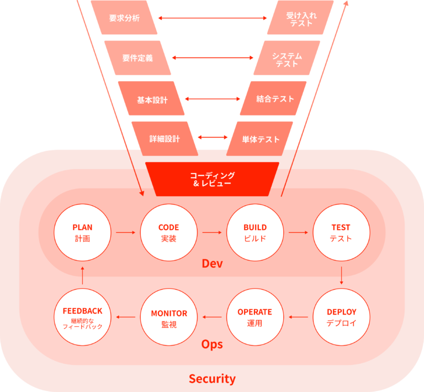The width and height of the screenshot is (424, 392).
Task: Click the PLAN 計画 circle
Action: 82,233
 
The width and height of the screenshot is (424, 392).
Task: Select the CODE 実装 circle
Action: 168,233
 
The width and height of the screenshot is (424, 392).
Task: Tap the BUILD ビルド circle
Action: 255,233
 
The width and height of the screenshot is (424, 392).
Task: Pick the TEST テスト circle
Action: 341,233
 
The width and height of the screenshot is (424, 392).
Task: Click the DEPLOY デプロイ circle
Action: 341,317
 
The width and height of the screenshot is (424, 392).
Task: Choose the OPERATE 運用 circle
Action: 255,317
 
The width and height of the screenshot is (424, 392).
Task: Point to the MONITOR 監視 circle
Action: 168,317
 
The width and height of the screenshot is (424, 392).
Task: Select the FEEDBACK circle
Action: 82,317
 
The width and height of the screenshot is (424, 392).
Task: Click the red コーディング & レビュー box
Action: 212,179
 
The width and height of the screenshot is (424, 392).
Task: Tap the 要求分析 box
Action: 124,18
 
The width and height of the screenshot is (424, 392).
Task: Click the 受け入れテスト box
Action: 301,18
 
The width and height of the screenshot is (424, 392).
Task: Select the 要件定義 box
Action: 137,58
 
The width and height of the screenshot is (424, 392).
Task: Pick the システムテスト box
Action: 287,58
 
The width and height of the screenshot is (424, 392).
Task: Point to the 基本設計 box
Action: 151,99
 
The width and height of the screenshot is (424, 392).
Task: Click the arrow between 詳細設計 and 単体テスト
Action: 213,137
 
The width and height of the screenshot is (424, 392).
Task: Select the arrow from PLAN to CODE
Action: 125,232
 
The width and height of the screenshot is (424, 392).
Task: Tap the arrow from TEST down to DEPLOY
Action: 341,275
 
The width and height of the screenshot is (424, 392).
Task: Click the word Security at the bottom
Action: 212,379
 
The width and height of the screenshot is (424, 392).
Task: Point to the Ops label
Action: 212,344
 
